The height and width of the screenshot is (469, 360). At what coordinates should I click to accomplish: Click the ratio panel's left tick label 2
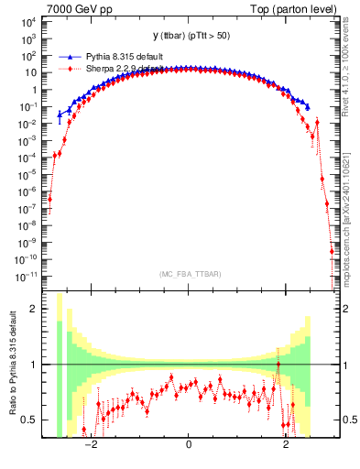tap(34, 309)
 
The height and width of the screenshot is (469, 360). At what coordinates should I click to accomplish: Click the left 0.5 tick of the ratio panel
tap(29, 420)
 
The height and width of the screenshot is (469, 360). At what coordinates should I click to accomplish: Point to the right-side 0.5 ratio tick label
tap(348, 420)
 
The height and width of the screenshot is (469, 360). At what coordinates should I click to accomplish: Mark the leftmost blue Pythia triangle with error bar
tap(60, 115)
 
